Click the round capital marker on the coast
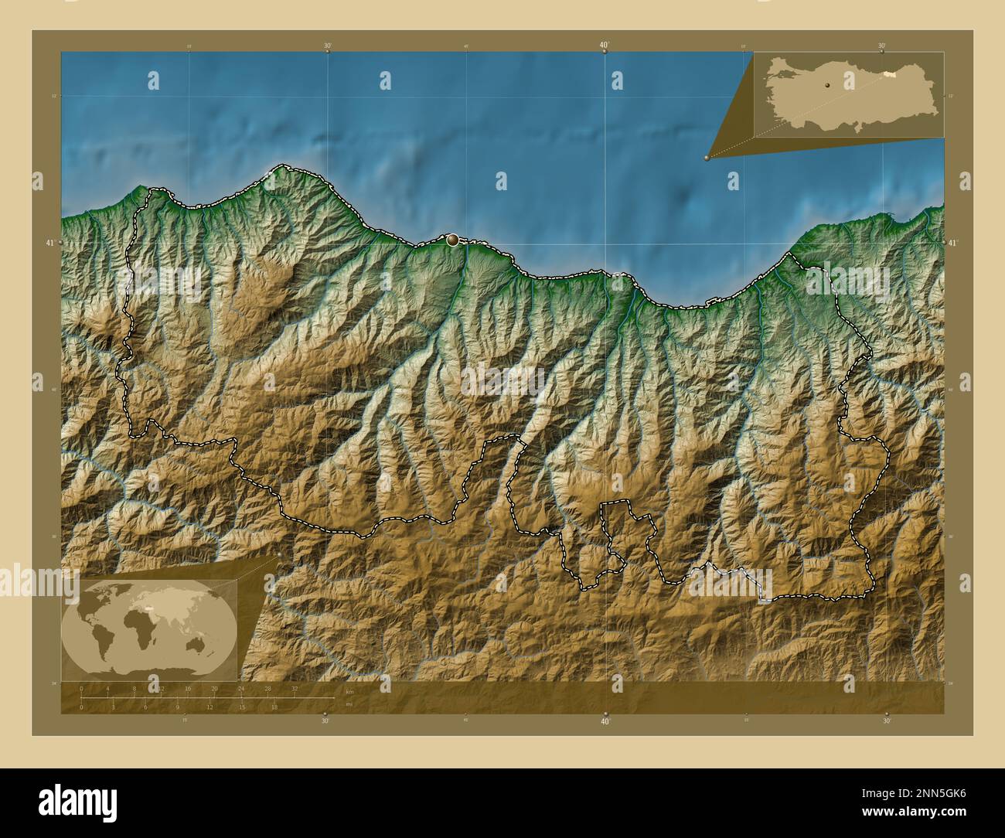pyautogui.click(x=452, y=241)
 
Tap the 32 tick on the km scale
pyautogui.click(x=295, y=688)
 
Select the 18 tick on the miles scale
pyautogui.click(x=274, y=707)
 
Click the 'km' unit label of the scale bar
pyautogui.click(x=349, y=692)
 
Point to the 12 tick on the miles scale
pyautogui.click(x=210, y=707)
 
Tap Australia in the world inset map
pyautogui.click(x=205, y=641)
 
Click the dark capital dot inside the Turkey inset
pyautogui.click(x=826, y=85)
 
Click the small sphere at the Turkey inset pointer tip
pyautogui.click(x=707, y=157)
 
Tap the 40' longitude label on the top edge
pyautogui.click(x=604, y=45)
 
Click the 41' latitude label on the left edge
pyautogui.click(x=49, y=243)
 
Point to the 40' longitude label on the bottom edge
pyautogui.click(x=605, y=721)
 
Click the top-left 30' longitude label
pyautogui.click(x=328, y=46)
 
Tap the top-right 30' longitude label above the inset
pyautogui.click(x=882, y=46)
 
